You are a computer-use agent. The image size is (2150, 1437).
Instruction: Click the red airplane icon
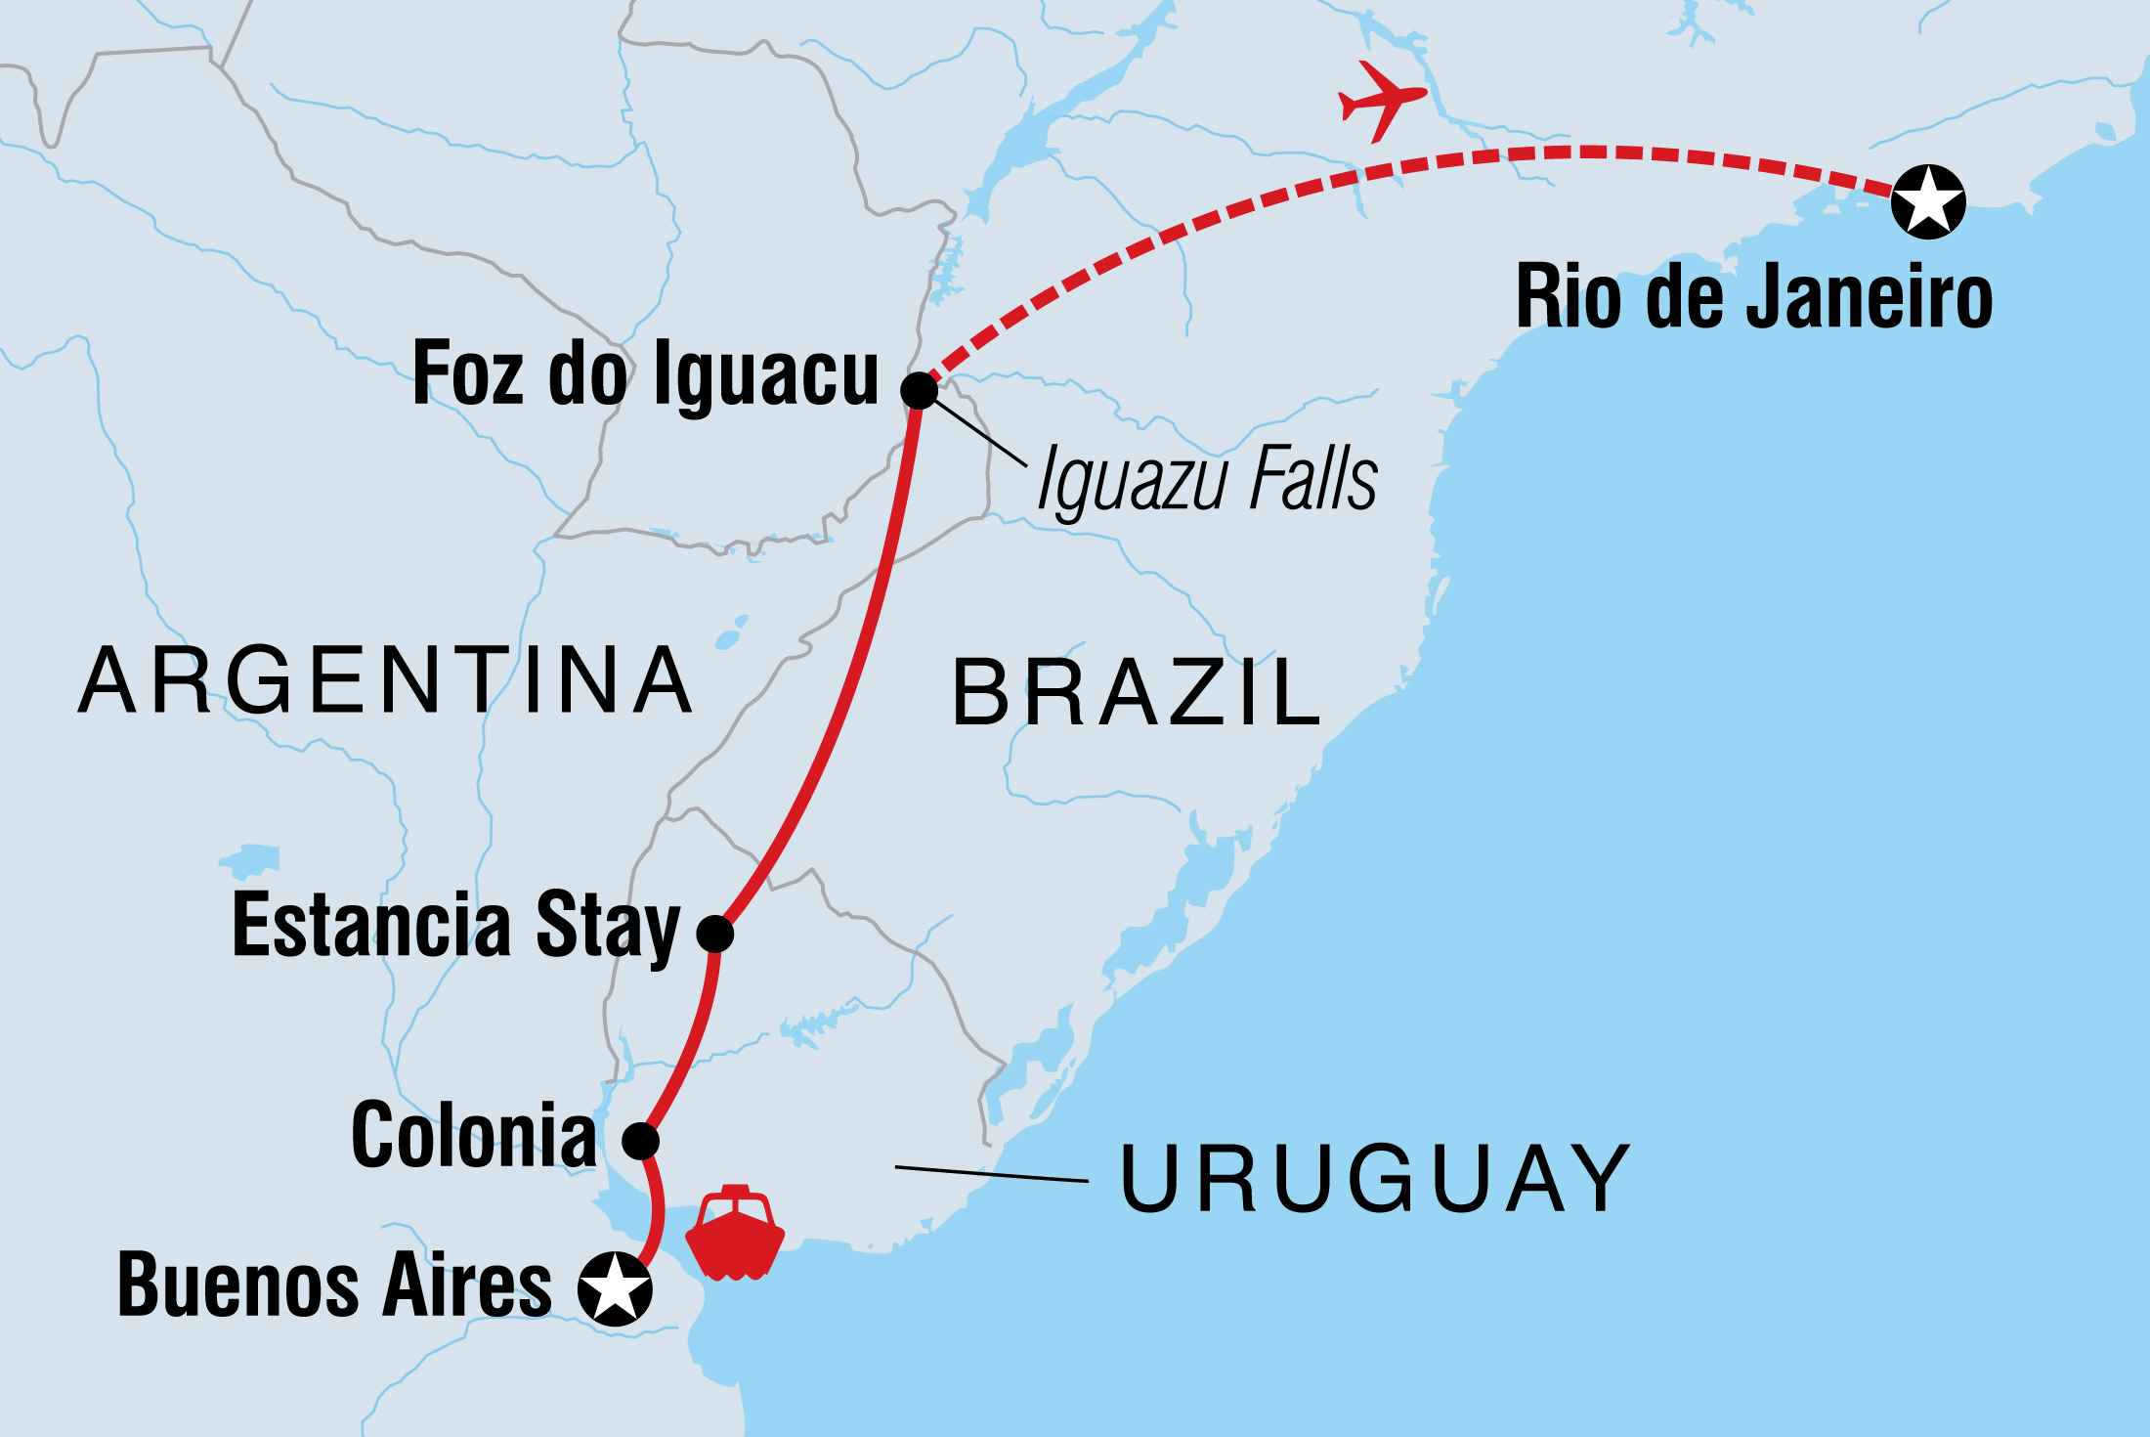click(x=1380, y=100)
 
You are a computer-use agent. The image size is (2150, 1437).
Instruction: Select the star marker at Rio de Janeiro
click(x=1927, y=201)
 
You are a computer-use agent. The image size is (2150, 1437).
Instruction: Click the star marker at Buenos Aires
click(x=615, y=1288)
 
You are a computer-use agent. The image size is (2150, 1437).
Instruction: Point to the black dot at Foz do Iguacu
click(x=919, y=390)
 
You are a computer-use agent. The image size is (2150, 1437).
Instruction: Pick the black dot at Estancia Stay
click(x=715, y=934)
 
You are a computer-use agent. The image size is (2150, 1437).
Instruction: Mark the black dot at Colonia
click(x=641, y=1140)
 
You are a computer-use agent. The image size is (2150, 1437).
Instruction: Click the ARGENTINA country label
click(x=386, y=680)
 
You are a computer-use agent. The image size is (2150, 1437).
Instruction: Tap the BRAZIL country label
click(x=1137, y=693)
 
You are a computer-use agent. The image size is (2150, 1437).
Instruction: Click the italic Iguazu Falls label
click(x=1207, y=479)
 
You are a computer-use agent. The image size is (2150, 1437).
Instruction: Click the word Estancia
click(x=371, y=925)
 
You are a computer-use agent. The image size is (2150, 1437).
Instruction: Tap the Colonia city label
click(x=474, y=1135)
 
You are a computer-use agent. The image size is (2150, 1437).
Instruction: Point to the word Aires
click(x=467, y=1285)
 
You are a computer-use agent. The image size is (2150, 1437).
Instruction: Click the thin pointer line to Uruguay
click(x=992, y=1174)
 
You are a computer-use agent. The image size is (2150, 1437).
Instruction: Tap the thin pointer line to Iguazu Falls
click(x=977, y=430)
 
